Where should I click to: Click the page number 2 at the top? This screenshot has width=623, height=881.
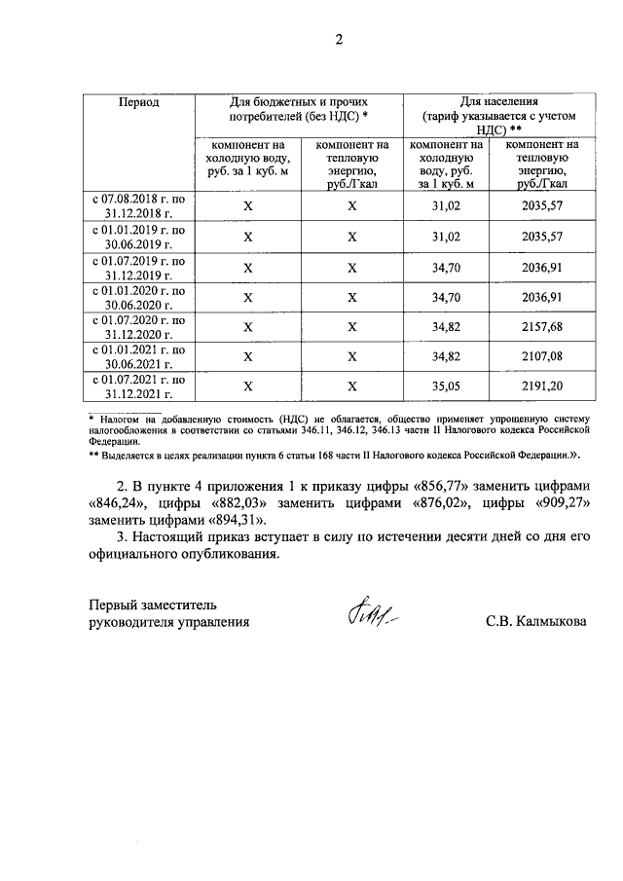340,40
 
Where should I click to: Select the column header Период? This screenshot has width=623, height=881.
138,101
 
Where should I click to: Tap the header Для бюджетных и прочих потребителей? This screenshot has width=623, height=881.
298,108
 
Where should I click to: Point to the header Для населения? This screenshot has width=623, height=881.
500,101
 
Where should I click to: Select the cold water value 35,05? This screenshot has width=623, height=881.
448,386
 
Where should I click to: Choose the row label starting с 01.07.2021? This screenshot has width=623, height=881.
138,386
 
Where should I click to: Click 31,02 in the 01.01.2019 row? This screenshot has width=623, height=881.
448,237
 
